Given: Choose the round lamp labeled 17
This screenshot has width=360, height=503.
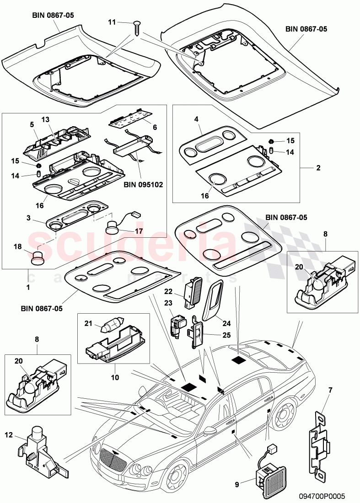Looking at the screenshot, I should (113, 227).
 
